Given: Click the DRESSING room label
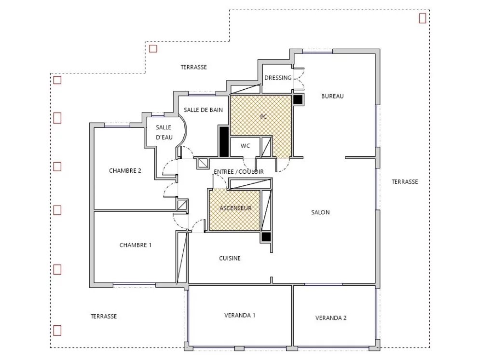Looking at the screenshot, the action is coord(278,78).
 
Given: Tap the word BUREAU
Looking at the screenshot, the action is coord(332,96).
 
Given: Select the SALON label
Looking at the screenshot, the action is coord(320,212).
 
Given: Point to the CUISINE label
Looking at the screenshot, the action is coord(230,258).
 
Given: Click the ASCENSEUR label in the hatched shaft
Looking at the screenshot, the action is coord(235,208).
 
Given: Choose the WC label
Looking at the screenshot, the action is coord(246,146).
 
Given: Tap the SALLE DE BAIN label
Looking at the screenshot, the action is coord(204,110).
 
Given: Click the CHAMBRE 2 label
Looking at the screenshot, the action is coord(125,170).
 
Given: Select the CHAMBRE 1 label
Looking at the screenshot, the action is coord(135,245).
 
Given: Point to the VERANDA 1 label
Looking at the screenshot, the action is coord(240,315).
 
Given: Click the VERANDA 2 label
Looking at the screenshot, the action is coord(331,318).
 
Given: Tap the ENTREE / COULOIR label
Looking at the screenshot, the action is coord(239,172).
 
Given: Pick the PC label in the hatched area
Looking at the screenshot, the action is coord(263,117).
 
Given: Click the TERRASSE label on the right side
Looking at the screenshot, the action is coord(405,181).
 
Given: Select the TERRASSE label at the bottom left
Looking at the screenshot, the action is coord(104,317).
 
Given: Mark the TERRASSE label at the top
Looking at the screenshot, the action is coord(193,67).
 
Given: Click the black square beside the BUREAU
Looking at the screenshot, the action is coord(298,99).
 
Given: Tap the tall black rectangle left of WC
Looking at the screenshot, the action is coord(224,141).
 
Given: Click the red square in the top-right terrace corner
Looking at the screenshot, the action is coord(423,18).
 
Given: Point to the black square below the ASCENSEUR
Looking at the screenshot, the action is coord(266,236).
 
